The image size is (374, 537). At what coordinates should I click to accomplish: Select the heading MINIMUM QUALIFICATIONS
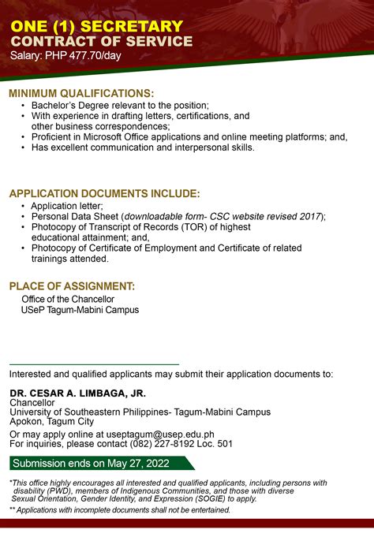click(x=81, y=94)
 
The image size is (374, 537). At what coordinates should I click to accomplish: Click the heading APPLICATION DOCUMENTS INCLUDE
click(x=104, y=194)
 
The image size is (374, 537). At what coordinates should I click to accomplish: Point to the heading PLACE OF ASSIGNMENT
click(x=72, y=285)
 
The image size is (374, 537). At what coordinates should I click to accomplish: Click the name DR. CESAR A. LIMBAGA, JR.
click(x=78, y=393)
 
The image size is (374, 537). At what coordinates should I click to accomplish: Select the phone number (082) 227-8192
click(x=158, y=444)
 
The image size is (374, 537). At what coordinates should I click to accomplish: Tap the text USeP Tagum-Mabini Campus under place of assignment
click(x=80, y=310)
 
